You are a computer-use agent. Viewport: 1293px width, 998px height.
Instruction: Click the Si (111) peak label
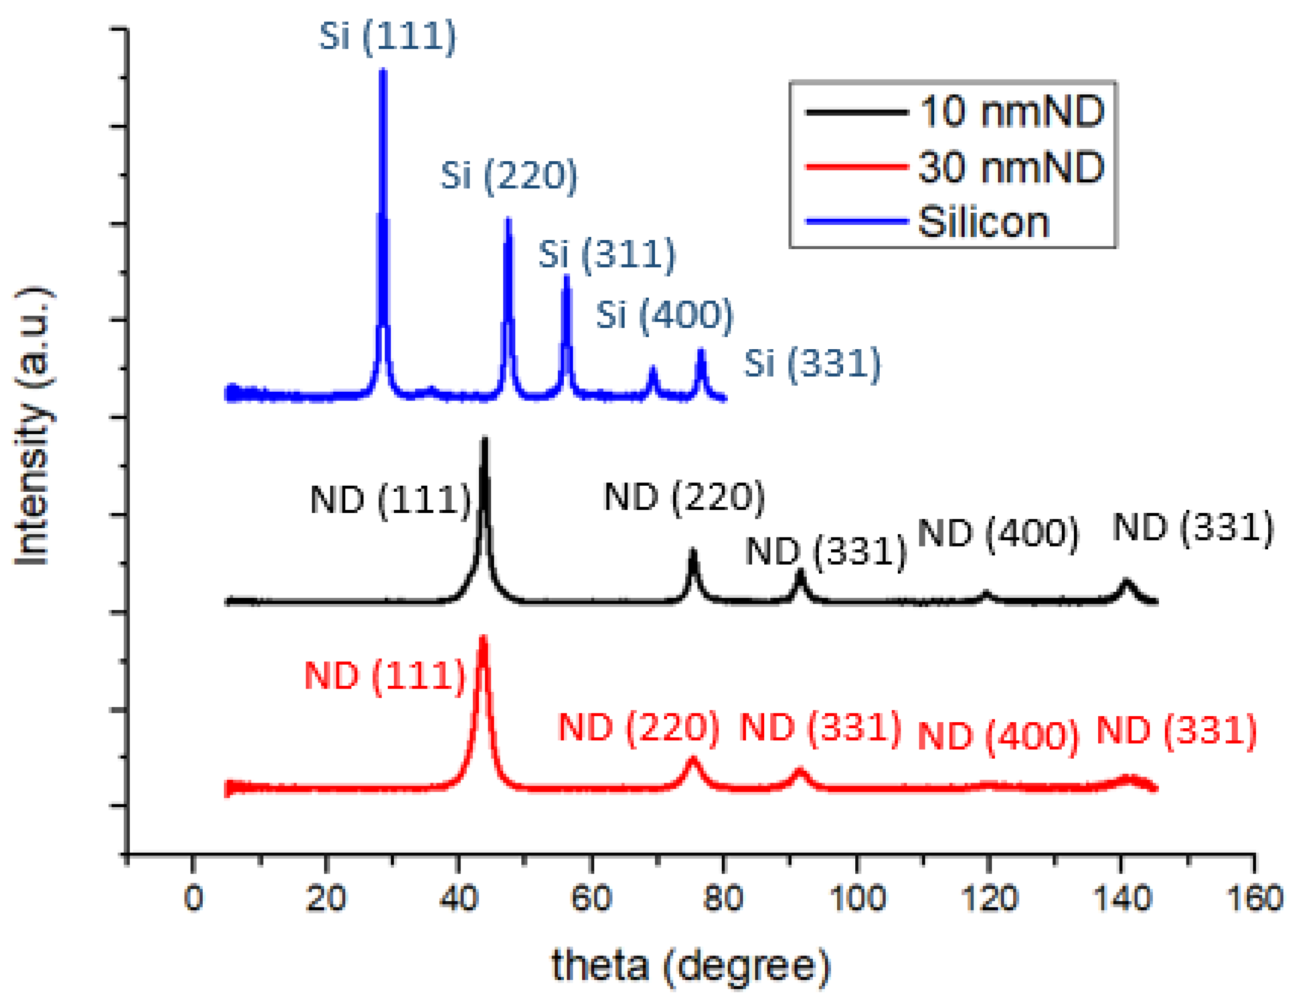388,37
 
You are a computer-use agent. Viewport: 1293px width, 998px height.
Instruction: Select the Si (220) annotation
509,176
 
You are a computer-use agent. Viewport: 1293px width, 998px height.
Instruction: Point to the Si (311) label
606,255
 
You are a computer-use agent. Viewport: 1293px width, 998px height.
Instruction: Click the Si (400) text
664,315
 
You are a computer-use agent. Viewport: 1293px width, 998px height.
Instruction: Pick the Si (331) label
812,364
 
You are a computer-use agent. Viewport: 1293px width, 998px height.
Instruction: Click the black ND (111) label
390,501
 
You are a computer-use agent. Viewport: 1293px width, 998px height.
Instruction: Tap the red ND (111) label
385,676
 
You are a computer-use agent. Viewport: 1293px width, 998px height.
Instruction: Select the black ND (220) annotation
684,497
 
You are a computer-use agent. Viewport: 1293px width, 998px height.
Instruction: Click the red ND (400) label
998,737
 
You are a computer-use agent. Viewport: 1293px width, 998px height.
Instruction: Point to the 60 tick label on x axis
591,898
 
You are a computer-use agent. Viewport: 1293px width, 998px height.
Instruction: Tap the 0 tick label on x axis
193,898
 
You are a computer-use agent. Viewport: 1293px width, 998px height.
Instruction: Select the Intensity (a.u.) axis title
33,426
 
